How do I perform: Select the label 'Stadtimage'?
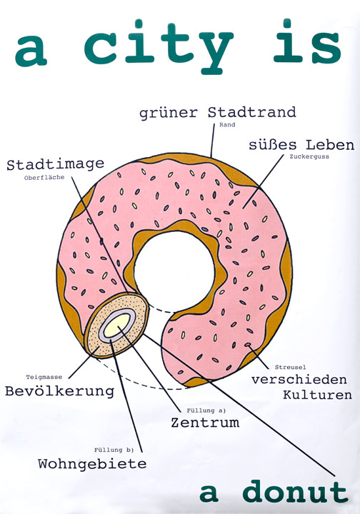[56, 164]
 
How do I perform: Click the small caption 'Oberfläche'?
[44, 178]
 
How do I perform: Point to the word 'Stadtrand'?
[252, 112]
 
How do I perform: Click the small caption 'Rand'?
[227, 124]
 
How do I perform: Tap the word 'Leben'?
[330, 144]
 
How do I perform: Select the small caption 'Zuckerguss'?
[309, 156]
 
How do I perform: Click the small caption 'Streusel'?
[290, 367]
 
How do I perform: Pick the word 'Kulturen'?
[317, 395]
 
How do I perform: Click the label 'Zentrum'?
[205, 422]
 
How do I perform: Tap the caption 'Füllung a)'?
[206, 410]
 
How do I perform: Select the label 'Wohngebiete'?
[92, 464]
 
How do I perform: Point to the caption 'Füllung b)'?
[114, 450]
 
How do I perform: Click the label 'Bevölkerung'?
[60, 391]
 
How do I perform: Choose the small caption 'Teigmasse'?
[44, 378]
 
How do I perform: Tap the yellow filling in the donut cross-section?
[117, 326]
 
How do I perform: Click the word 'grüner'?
[169, 113]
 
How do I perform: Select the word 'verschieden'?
[299, 379]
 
